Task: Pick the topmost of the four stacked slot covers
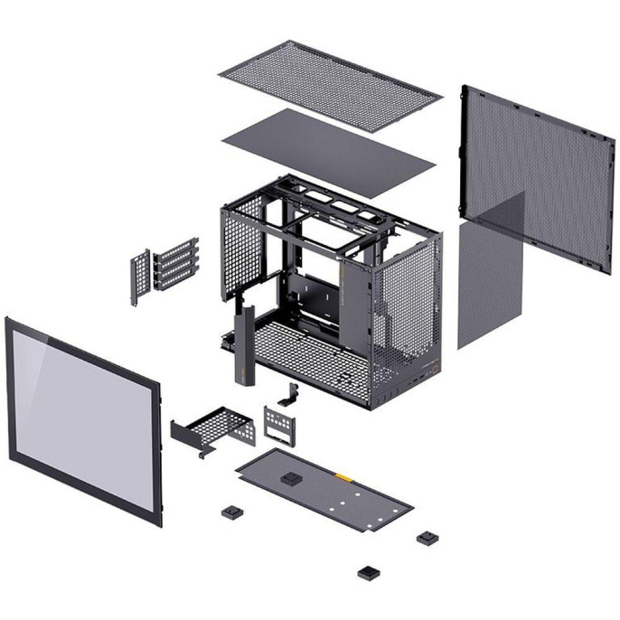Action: [x=178, y=248]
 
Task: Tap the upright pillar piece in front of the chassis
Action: [x=243, y=347]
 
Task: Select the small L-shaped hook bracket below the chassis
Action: [x=291, y=395]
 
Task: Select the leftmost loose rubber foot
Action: [x=230, y=512]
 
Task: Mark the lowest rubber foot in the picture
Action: [x=367, y=572]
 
